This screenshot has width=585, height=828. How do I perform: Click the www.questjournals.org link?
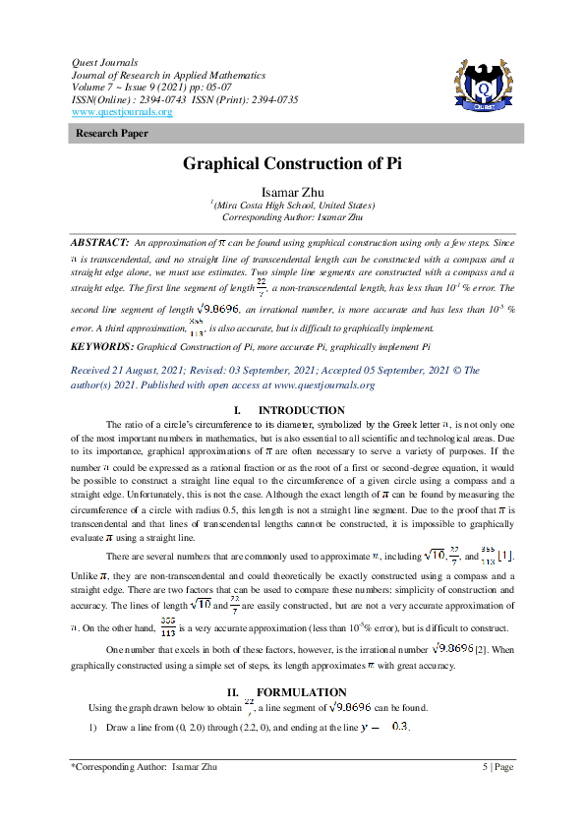pos(122,112)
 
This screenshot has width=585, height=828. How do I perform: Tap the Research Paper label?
pos(112,132)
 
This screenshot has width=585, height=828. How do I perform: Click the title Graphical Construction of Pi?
pos(292,163)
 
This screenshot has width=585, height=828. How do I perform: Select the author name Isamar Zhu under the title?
pos(292,192)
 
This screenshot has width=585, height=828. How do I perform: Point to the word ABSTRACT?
pos(99,241)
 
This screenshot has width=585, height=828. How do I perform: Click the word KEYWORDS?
pos(100,347)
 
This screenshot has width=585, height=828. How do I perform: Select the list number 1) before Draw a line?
pos(93,728)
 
